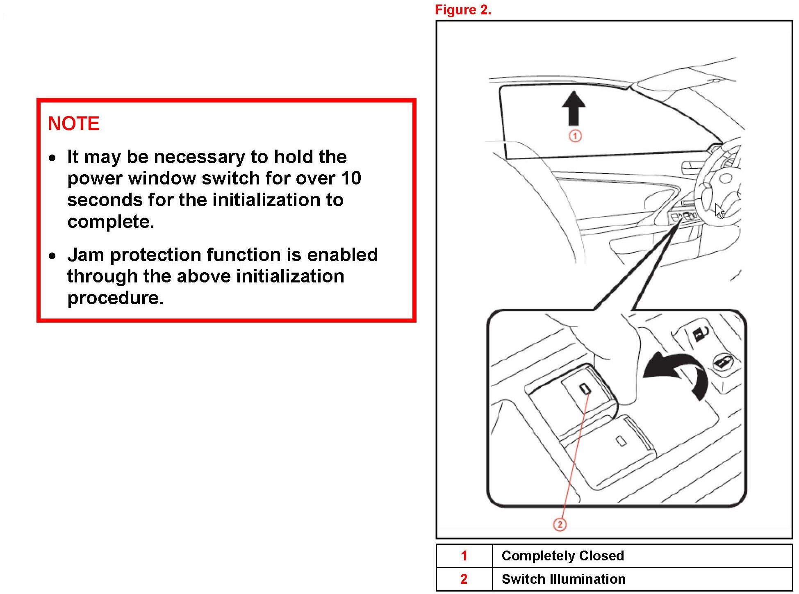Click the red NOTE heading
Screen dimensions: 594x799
click(x=74, y=123)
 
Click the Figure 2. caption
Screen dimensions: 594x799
click(x=463, y=10)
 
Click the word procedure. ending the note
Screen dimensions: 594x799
click(x=115, y=298)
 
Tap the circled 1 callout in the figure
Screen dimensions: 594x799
click(x=575, y=136)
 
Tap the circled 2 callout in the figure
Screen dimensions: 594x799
click(x=560, y=524)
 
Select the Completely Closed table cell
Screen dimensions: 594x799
click(x=562, y=555)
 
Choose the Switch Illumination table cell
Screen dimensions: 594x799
click(x=563, y=579)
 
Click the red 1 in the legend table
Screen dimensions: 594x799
click(x=464, y=555)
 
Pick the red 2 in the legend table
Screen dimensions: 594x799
click(x=464, y=579)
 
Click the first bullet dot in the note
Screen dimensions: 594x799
click(x=52, y=158)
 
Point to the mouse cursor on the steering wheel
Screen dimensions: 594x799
click(x=719, y=211)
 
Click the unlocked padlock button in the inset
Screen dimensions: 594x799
click(x=700, y=332)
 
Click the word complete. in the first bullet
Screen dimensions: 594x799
click(x=111, y=222)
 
